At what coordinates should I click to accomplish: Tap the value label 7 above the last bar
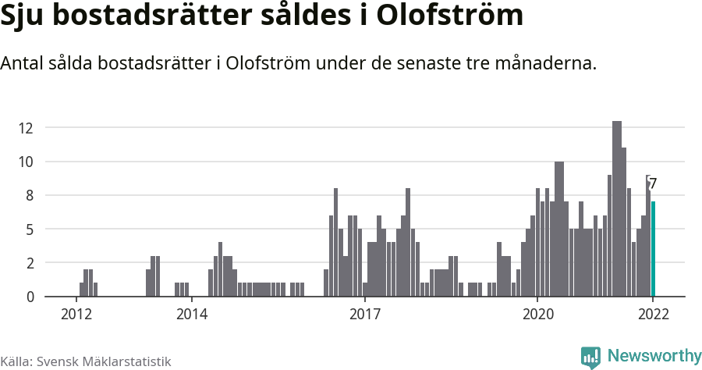(x=653, y=184)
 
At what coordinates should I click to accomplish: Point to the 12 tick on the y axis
(x=28, y=128)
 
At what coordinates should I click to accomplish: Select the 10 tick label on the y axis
(x=28, y=162)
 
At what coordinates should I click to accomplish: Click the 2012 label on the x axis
(x=76, y=315)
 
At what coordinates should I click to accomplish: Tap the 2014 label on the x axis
(x=192, y=315)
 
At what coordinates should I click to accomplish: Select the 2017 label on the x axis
(x=364, y=315)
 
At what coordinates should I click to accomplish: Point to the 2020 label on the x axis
(x=537, y=315)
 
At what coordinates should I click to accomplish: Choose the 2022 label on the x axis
(x=653, y=315)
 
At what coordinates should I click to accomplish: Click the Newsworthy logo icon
(x=590, y=357)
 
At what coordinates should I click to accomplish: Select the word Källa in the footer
(x=16, y=361)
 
